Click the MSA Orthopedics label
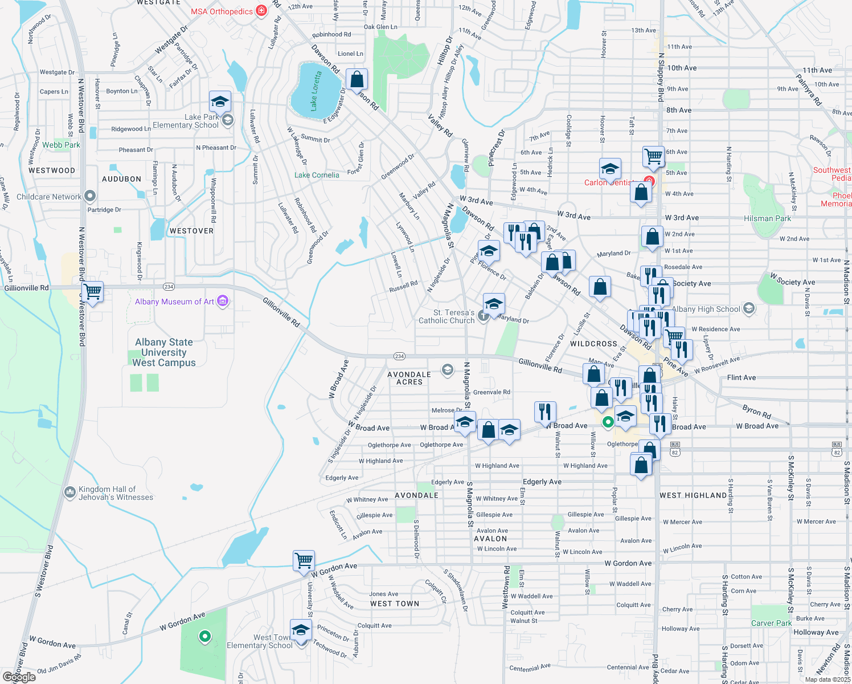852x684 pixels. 222,11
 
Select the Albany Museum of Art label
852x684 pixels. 175,302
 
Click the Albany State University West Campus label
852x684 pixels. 164,352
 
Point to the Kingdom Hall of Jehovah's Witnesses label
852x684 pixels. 116,493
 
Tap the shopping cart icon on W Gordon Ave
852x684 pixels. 304,560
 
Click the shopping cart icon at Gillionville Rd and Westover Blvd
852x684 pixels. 93,292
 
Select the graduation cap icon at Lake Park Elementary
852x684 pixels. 220,102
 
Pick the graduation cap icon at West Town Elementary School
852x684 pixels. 301,630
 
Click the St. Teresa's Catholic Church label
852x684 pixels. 447,316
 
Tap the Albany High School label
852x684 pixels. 706,309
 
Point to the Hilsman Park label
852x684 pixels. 767,218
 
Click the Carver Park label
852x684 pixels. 771,623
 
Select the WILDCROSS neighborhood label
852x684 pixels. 593,344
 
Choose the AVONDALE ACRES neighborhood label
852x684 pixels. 409,378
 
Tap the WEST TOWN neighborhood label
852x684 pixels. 395,604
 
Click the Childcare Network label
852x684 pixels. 49,197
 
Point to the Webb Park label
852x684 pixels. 61,145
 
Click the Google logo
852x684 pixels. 19,677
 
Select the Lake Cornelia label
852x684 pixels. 317,175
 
